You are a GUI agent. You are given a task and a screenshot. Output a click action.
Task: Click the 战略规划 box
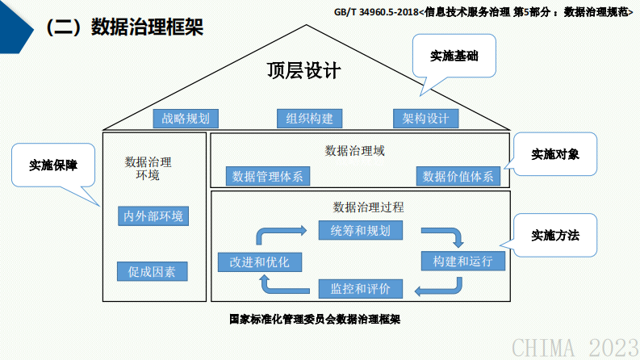(186, 119)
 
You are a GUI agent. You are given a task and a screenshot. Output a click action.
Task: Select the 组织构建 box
(310, 119)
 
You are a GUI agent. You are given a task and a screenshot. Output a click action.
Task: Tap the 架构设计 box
(426, 119)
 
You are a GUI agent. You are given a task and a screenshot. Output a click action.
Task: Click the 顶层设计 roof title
(304, 70)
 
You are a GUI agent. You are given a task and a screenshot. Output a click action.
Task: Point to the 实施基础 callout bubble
(452, 56)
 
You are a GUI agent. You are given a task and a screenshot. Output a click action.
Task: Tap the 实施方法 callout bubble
(555, 236)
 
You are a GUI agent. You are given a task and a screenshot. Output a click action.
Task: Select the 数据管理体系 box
(267, 177)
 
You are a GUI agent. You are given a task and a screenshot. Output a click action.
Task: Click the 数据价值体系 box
(458, 177)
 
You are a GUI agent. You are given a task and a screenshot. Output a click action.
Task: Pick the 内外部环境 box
(153, 216)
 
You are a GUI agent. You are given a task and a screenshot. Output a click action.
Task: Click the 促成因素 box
(153, 271)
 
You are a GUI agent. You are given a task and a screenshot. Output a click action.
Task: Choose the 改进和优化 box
(254, 262)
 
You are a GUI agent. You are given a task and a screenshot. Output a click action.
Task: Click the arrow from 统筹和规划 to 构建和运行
(446, 236)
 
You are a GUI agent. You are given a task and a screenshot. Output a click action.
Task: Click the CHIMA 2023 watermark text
(574, 347)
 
